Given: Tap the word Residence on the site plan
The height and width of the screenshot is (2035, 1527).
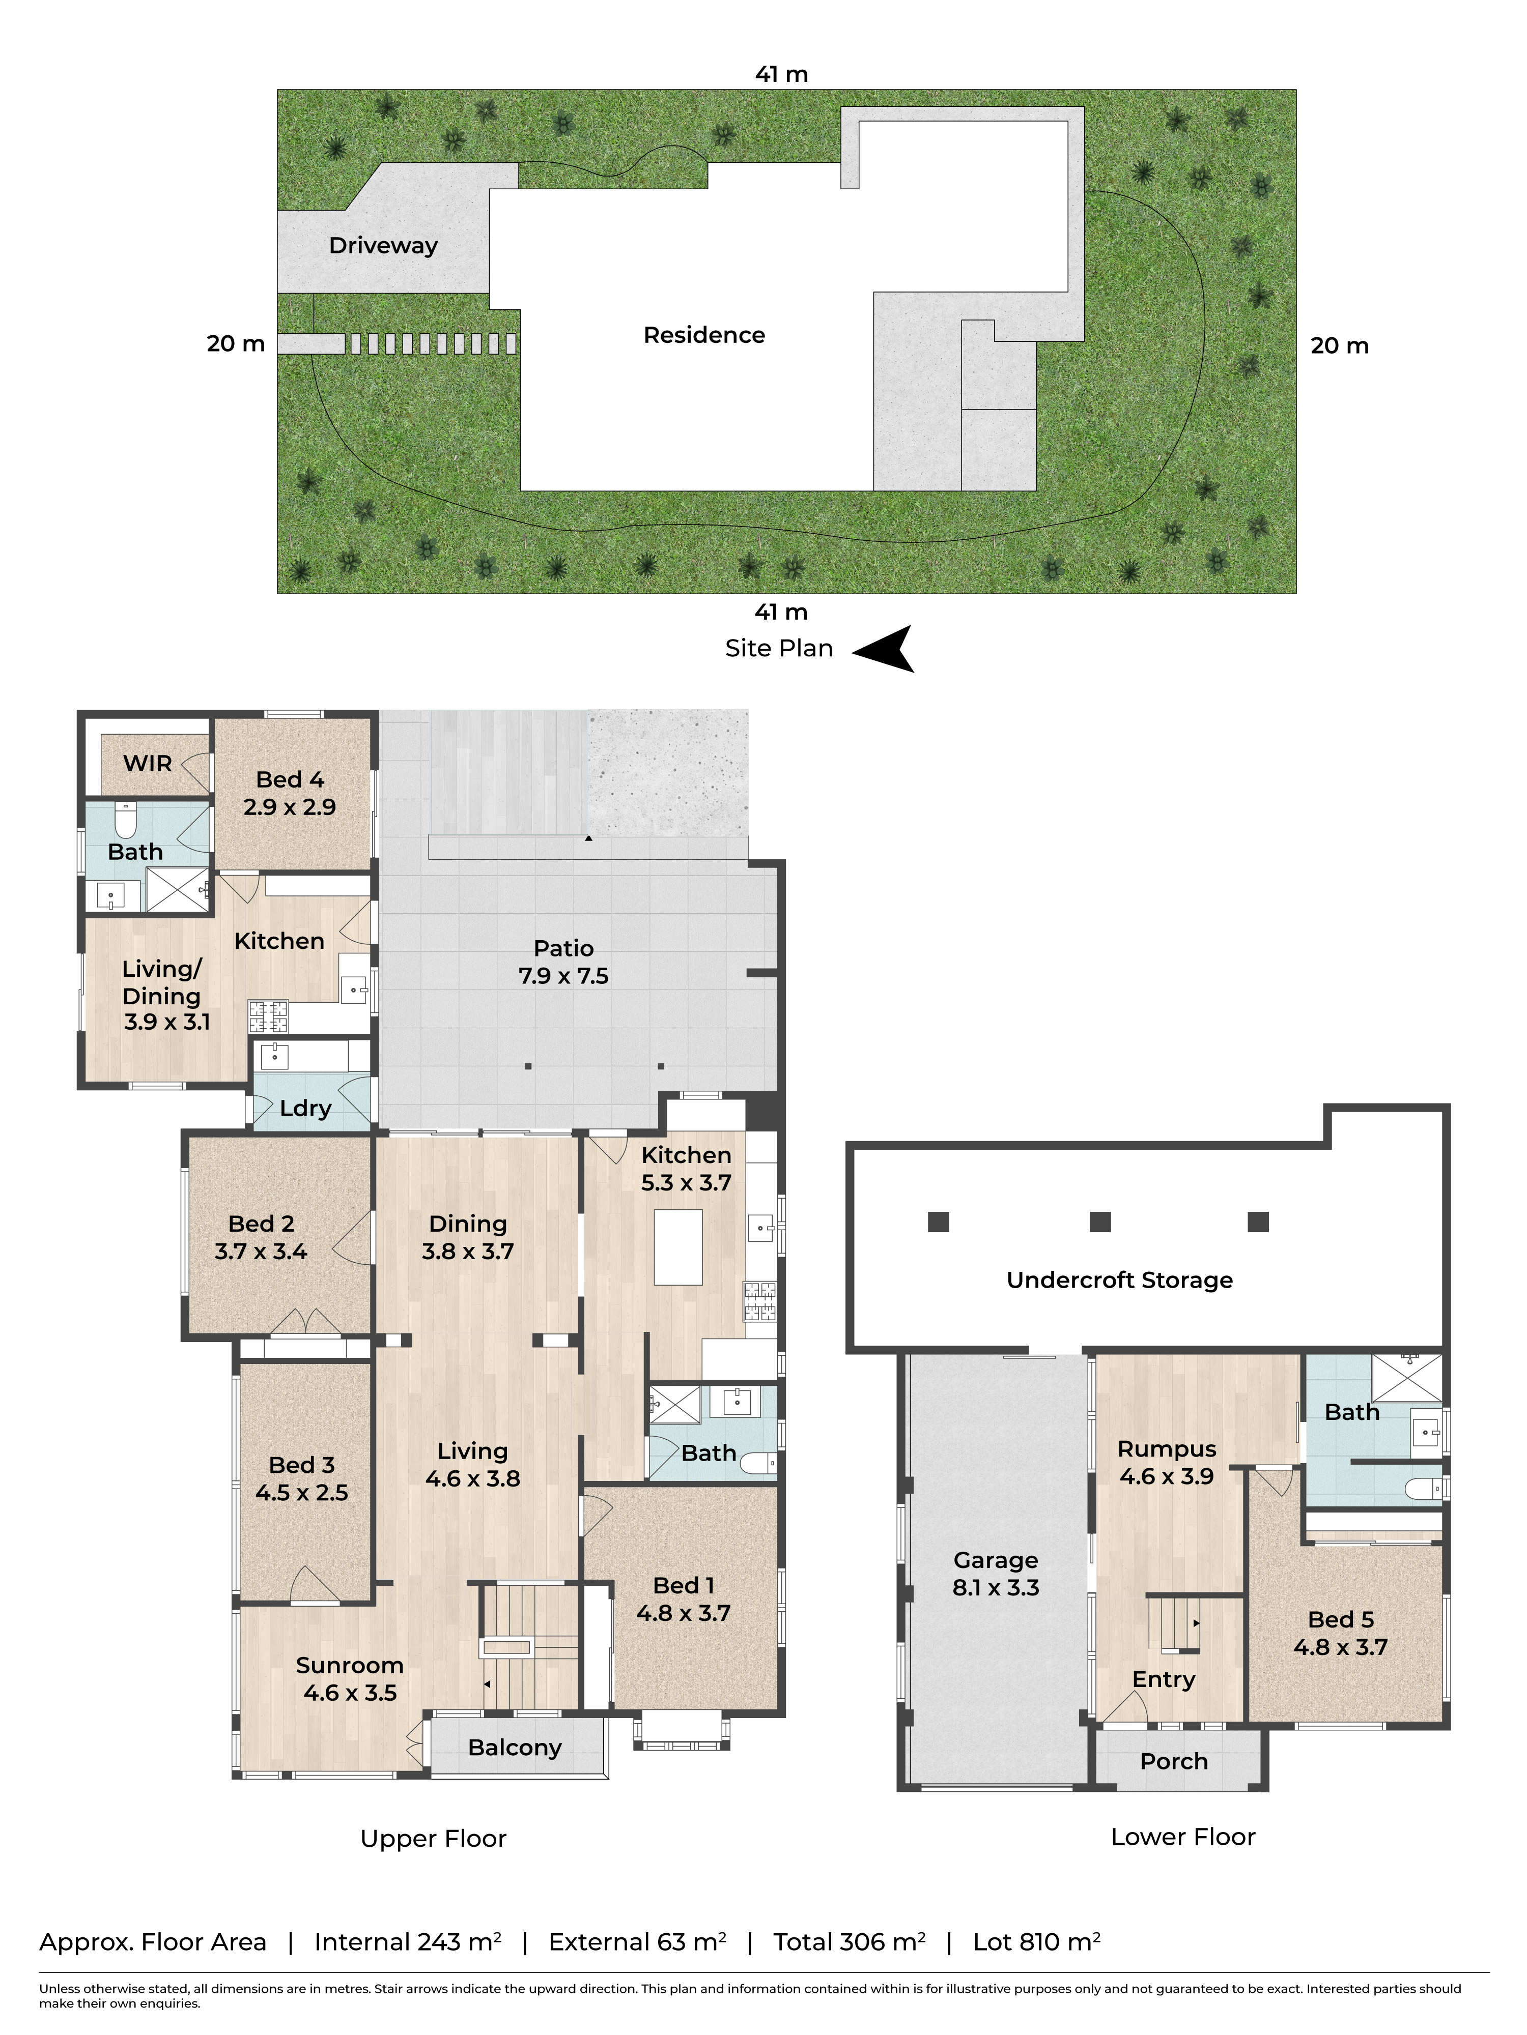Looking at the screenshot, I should click(x=704, y=335).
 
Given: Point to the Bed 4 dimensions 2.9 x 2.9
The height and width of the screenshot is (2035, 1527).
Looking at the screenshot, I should click(x=290, y=807).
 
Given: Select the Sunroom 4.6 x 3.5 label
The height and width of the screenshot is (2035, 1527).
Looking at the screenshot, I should click(x=350, y=1679).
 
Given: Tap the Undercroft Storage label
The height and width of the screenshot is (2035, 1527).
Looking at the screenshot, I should click(x=1119, y=1280).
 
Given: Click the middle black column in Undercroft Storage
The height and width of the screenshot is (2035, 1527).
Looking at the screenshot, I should click(x=1100, y=1222).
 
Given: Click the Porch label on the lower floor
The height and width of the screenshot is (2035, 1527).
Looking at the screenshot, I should click(x=1174, y=1761).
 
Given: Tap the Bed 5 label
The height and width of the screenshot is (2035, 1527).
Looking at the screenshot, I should click(x=1340, y=1620).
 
